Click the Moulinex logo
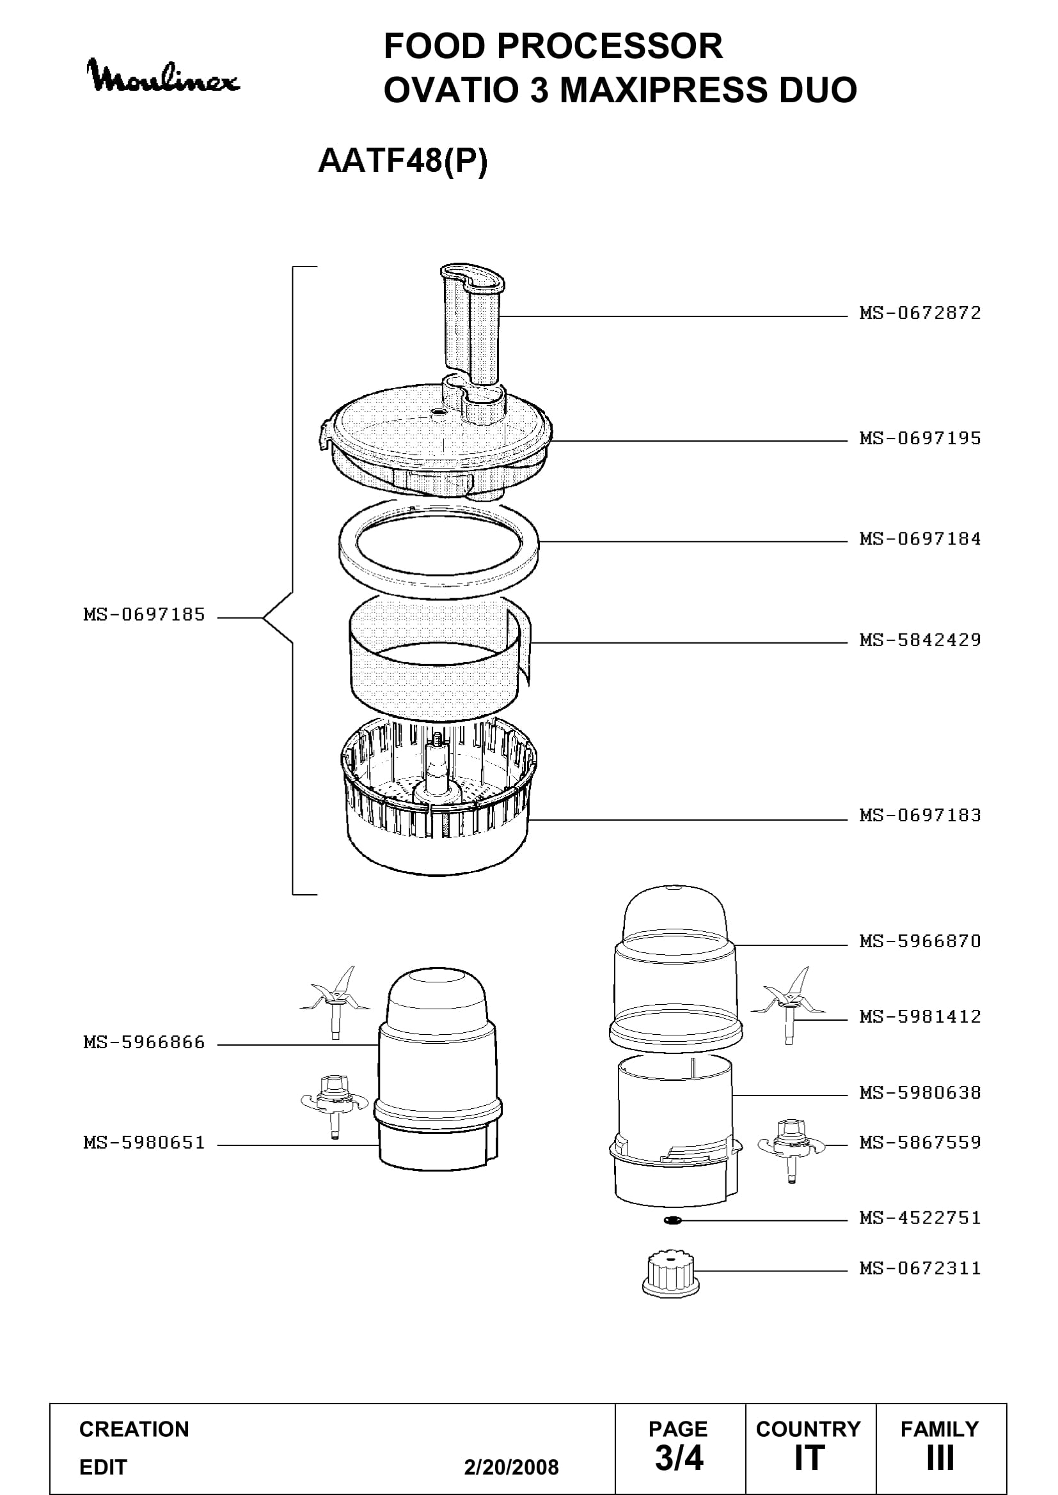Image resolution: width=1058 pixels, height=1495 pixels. click(164, 75)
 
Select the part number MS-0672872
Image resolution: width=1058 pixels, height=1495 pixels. click(920, 313)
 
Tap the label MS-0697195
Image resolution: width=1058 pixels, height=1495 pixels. click(920, 438)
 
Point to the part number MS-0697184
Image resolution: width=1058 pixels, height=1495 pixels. click(920, 539)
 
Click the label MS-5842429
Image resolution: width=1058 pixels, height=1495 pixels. click(920, 640)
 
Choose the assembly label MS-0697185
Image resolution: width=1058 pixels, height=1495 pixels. click(144, 615)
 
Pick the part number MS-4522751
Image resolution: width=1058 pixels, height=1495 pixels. click(920, 1218)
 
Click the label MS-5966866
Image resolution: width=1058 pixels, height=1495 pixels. click(144, 1042)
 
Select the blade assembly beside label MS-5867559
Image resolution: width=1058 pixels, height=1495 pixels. click(791, 1150)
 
